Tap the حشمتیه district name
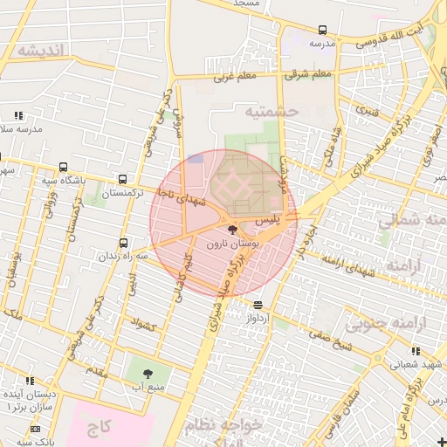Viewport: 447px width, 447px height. click(272, 111)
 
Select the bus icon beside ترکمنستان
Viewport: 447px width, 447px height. click(121, 179)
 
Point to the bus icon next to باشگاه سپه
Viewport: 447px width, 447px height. click(64, 168)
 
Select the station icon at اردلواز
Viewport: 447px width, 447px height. click(258, 306)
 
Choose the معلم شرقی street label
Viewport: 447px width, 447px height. click(309, 74)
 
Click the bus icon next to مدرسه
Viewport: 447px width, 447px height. click(322, 30)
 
